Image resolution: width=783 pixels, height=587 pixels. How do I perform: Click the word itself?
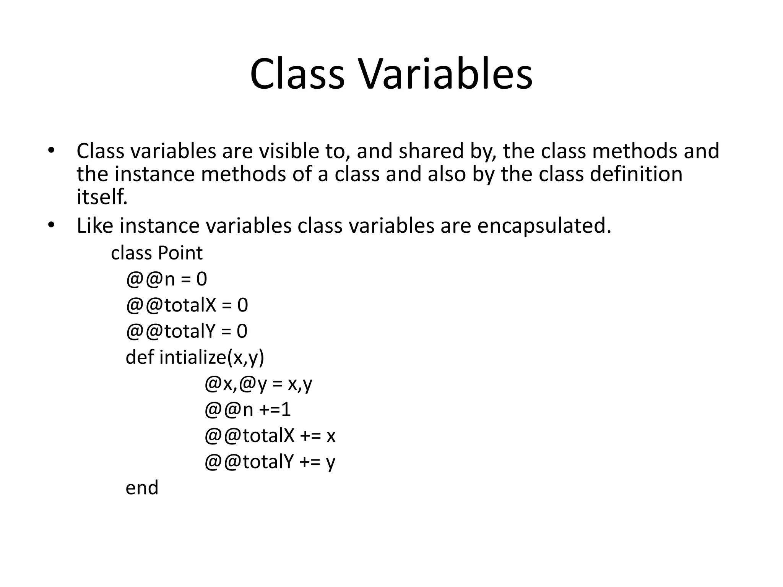tap(102, 197)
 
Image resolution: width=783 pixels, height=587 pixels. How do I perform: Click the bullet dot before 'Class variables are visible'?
tap(51, 150)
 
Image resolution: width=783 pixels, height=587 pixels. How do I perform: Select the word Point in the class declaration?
tap(180, 253)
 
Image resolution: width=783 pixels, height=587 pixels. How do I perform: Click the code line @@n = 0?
tap(166, 279)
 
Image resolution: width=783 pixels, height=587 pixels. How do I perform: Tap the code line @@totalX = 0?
tap(187, 305)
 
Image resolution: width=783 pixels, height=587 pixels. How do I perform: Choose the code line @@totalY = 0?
tap(187, 331)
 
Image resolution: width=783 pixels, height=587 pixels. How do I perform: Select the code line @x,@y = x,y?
tap(258, 384)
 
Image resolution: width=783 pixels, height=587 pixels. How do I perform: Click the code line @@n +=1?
tap(248, 410)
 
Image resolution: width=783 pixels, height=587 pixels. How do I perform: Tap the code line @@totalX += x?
tap(270, 436)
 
